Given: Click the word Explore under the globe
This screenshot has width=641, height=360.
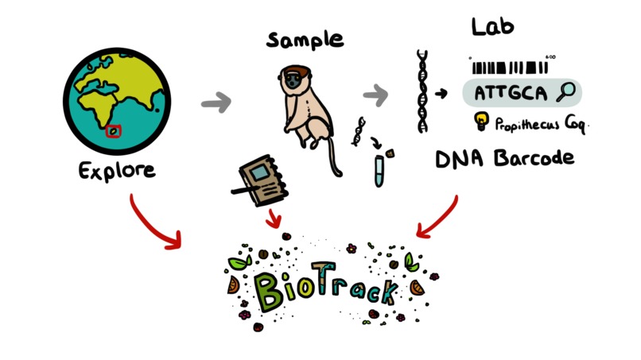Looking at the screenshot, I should [117, 170].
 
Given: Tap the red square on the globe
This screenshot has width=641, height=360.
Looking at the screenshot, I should [115, 131].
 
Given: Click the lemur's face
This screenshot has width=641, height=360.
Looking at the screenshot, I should [295, 80].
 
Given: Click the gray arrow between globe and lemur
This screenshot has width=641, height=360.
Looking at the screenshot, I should [216, 103].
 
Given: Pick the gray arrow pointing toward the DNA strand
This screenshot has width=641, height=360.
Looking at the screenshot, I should [375, 96].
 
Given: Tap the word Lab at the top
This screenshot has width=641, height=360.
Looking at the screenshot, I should [492, 26].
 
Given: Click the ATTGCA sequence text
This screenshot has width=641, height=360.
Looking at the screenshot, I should [511, 93].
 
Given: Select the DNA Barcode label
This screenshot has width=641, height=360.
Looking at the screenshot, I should [503, 158].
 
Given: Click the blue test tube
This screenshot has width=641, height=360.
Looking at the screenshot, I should [379, 170].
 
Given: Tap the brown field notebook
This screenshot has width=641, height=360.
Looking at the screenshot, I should [259, 180].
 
